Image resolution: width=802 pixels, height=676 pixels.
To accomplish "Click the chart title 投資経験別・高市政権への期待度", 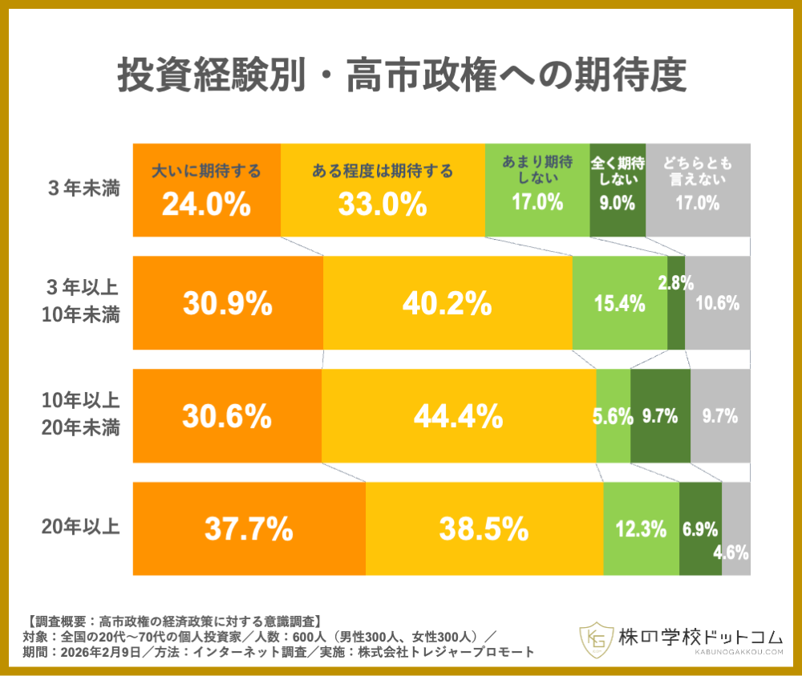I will coord(401,78).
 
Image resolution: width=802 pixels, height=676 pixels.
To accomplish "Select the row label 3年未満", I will coord(83,190).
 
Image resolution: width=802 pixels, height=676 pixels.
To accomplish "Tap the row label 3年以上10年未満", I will coord(83,302).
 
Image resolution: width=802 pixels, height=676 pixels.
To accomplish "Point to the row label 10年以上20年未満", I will coord(83,415).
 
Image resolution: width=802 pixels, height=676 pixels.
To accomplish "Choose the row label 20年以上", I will coord(83,528).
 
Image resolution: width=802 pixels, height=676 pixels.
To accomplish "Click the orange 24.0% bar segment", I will coord(206,191).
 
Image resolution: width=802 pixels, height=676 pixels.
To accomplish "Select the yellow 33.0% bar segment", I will coord(383,191).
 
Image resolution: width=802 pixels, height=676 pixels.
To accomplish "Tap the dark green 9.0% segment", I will coord(618,191).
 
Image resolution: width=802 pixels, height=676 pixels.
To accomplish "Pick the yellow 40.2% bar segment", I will coord(448,303).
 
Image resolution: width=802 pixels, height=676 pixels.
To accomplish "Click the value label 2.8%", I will coord(675,282).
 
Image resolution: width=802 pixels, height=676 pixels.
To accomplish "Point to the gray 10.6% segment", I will coord(718,303).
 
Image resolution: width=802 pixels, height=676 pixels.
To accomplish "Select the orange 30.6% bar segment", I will coord(227,416).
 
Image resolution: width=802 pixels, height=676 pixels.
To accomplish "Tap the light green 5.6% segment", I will coord(613,416).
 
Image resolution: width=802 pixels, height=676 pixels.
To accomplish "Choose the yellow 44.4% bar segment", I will coord(459,416).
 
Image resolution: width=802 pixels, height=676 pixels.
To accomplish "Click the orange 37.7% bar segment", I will coord(249,528).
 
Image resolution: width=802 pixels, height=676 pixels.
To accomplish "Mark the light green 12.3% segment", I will coord(641,528).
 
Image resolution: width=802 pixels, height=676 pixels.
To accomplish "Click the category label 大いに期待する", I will coord(206,171).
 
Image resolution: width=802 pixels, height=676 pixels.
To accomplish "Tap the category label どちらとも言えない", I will coord(698,171).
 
